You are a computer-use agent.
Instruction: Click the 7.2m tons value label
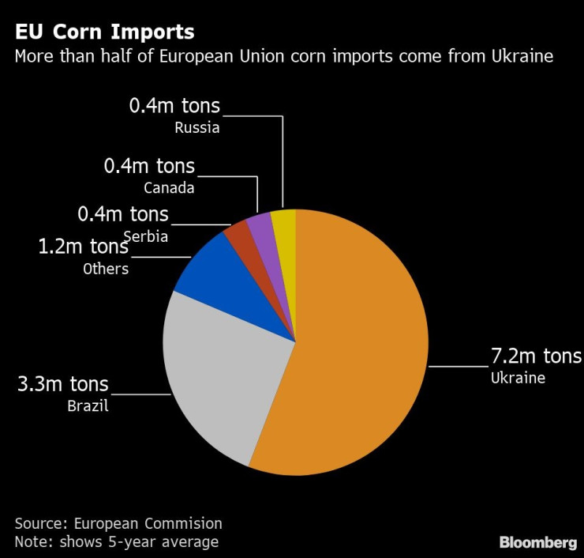click(536, 356)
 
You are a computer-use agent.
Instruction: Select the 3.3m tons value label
click(63, 385)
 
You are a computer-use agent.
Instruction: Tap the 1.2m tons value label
click(83, 247)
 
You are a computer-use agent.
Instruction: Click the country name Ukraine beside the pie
click(518, 378)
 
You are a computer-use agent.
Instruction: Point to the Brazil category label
click(88, 406)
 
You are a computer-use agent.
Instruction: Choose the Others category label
click(106, 269)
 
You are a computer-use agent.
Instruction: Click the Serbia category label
click(146, 236)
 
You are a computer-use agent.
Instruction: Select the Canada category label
click(169, 188)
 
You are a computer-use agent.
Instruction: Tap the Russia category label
click(197, 127)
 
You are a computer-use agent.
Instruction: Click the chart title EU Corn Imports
click(104, 32)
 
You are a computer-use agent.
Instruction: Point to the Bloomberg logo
click(537, 542)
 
